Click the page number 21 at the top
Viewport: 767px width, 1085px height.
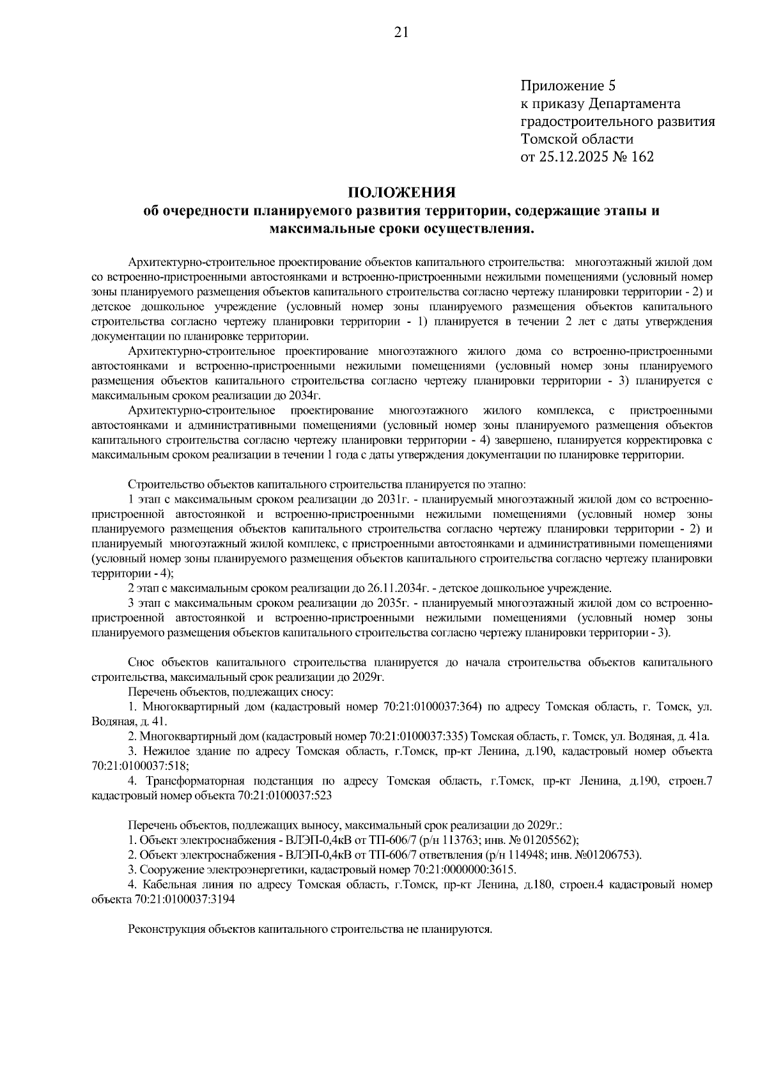pos(401,33)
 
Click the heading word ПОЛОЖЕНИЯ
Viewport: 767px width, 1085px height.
pos(401,192)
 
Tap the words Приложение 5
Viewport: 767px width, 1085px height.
pos(568,86)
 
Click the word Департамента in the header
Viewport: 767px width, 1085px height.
pos(634,104)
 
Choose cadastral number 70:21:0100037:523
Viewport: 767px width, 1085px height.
pos(284,796)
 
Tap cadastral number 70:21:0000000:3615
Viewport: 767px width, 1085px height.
pos(464,870)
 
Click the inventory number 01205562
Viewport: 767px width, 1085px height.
pos(554,839)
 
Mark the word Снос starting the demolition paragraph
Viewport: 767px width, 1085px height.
pos(141,662)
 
